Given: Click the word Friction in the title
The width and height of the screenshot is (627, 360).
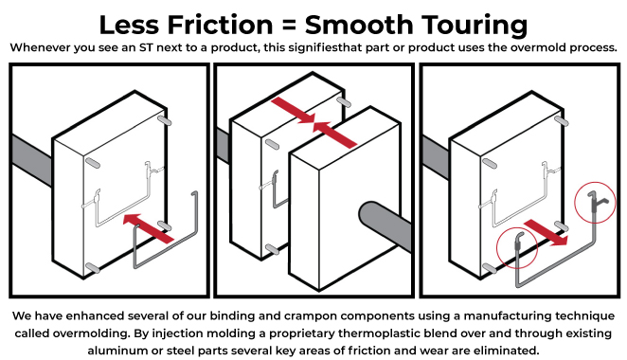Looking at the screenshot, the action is point(220,25).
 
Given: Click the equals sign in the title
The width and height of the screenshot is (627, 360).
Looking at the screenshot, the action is point(289,26).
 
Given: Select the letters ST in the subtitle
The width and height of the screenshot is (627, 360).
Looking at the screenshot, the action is point(146,47).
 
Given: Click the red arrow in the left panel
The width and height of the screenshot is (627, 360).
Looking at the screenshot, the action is point(149,228).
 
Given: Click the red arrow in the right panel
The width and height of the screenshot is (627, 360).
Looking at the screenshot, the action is point(546,232).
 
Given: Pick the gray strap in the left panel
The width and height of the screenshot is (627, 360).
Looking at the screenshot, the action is point(32,160).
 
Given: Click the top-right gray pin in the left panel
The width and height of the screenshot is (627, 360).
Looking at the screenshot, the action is point(165,120).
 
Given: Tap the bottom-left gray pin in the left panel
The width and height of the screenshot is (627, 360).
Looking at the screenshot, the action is point(93,268).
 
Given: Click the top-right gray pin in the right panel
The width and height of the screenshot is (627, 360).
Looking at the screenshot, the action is point(562,120).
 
